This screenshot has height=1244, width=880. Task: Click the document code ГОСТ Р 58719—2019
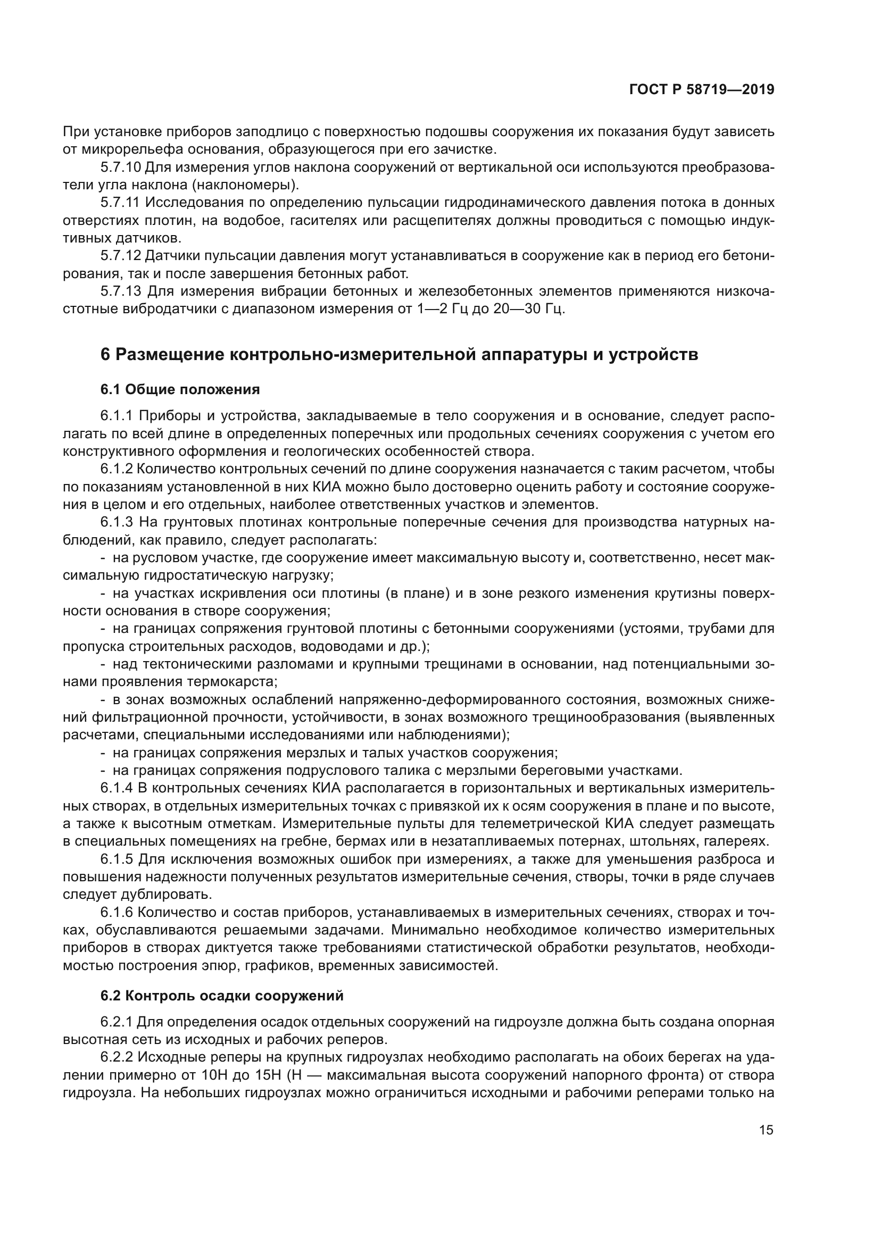click(701, 90)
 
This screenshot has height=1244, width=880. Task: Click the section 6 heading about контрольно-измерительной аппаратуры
click(399, 354)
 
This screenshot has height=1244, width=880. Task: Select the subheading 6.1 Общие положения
click(180, 389)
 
